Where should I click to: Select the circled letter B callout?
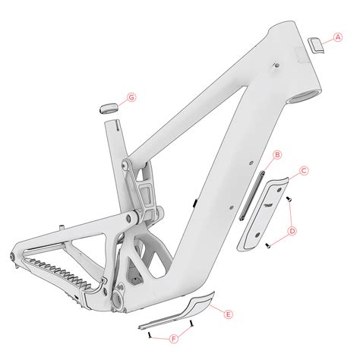(x=278, y=155)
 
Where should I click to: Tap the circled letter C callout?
(x=304, y=171)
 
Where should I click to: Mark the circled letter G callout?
(x=131, y=97)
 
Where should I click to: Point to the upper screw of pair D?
(x=290, y=198)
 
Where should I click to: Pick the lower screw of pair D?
(x=270, y=245)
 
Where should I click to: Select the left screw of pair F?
(x=151, y=333)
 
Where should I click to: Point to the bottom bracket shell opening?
(x=121, y=302)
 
